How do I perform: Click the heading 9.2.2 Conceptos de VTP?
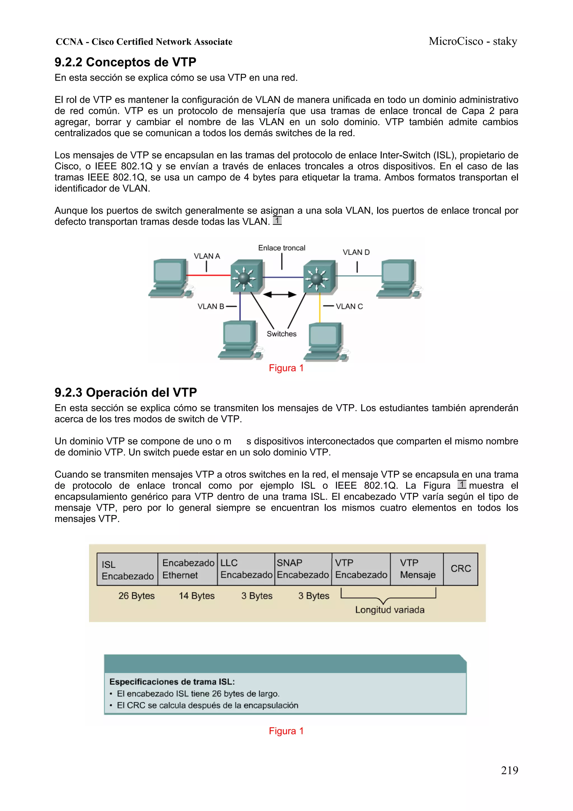click(125, 62)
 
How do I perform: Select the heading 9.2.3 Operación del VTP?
click(125, 392)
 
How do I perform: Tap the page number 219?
click(509, 770)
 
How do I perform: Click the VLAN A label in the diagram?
click(207, 256)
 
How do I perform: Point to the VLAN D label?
click(356, 252)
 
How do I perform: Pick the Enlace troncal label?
click(281, 248)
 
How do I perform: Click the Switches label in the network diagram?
click(281, 334)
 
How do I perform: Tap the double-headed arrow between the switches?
click(280, 295)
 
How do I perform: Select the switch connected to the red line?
click(246, 277)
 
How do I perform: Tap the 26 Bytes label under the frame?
click(136, 596)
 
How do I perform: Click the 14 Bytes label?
click(197, 596)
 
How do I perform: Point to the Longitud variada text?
click(389, 610)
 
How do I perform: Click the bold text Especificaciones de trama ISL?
click(172, 682)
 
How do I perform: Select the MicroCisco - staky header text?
click(473, 41)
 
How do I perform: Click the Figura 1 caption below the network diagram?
click(286, 368)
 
